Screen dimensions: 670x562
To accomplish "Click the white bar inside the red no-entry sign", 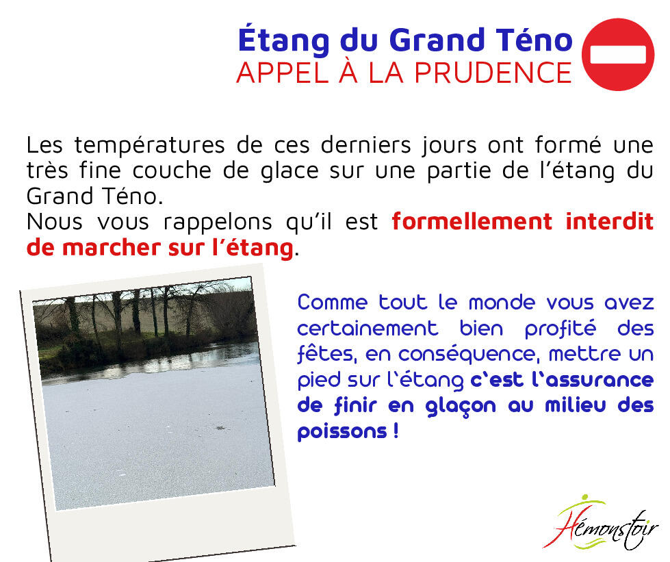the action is click(x=618, y=55).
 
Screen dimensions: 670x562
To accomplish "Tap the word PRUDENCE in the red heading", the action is click(x=493, y=73).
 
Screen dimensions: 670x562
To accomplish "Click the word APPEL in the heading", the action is click(x=283, y=73).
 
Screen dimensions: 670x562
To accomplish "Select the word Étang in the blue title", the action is click(x=284, y=40).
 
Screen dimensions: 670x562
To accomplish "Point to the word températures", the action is click(x=150, y=145).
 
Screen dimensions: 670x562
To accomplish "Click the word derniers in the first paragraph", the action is click(x=365, y=145).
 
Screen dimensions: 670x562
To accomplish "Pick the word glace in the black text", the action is click(x=289, y=171).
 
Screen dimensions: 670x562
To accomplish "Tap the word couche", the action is click(x=172, y=170).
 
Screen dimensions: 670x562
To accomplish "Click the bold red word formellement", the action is click(x=472, y=222).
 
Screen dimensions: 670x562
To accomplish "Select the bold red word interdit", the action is click(x=610, y=222).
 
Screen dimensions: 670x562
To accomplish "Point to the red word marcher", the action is click(x=112, y=248).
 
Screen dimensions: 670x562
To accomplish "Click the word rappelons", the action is click(x=218, y=223).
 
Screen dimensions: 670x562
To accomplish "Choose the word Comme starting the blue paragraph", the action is click(x=333, y=303).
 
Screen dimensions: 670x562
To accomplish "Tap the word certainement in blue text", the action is click(x=368, y=329).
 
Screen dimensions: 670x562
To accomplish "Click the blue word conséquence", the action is click(x=466, y=355).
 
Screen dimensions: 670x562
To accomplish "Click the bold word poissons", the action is click(x=342, y=432).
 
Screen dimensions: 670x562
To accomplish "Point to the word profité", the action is click(x=561, y=329).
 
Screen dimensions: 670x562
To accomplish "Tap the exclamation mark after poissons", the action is click(x=396, y=431).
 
